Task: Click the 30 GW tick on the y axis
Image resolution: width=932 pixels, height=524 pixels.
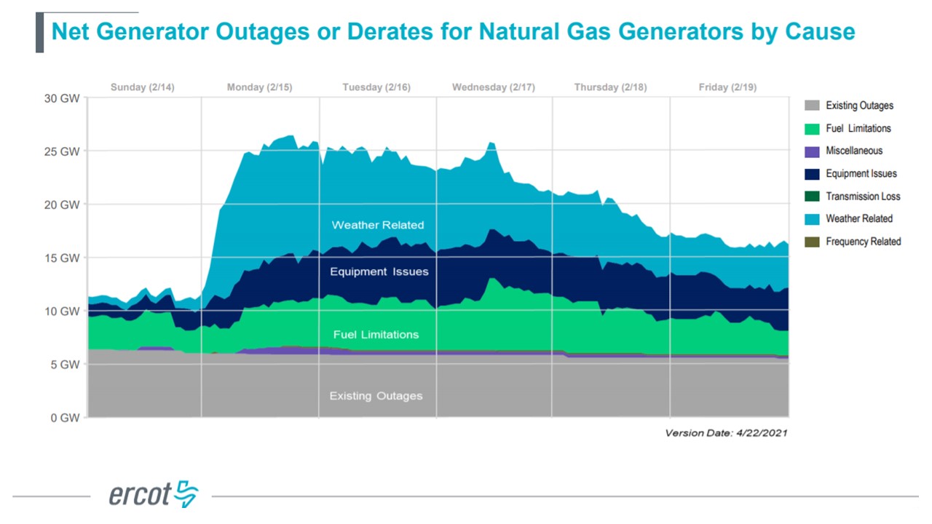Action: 63,98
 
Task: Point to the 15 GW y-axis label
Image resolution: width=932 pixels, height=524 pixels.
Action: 63,258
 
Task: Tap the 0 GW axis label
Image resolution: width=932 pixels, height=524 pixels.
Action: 65,418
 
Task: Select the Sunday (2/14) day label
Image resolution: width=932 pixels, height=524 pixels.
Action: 143,87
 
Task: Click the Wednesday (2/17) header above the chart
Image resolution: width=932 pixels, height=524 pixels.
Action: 493,87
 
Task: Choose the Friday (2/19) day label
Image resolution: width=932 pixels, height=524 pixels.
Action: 727,87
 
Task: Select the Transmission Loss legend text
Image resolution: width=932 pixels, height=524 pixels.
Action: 863,196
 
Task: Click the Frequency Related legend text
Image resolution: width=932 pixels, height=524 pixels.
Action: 863,242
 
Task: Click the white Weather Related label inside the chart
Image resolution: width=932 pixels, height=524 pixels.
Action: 377,225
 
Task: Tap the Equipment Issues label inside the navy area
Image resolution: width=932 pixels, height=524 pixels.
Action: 379,271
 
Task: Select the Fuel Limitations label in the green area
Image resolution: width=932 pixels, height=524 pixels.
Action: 376,335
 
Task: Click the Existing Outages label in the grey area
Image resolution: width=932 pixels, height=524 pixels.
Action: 376,396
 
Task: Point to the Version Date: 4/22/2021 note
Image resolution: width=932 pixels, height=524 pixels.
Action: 726,433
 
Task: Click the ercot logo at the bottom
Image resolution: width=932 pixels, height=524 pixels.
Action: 154,494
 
